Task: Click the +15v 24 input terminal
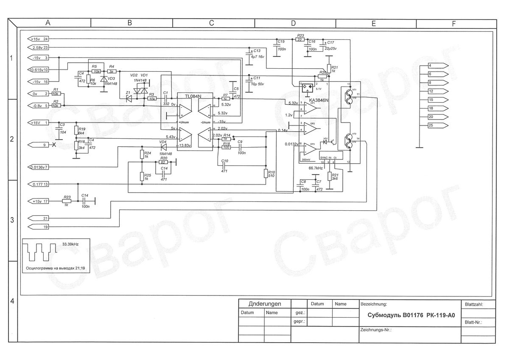(x=39, y=39)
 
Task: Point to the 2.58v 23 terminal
(x=39, y=47)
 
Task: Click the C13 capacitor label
(x=257, y=50)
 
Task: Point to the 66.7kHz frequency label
(x=316, y=168)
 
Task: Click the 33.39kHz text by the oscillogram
(x=70, y=244)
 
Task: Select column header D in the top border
(x=293, y=24)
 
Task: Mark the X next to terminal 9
(x=54, y=145)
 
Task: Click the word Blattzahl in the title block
(x=474, y=304)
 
